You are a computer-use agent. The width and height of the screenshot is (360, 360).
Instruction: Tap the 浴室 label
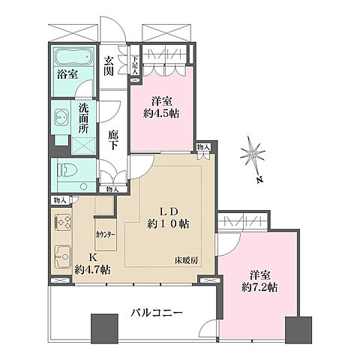[69, 73]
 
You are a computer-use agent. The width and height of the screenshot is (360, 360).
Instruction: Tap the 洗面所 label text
[85, 117]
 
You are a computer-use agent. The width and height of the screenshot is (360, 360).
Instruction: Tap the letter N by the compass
[256, 181]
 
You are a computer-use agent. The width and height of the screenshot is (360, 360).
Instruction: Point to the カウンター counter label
[106, 233]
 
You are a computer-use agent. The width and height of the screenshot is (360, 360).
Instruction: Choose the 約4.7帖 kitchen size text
[93, 269]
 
